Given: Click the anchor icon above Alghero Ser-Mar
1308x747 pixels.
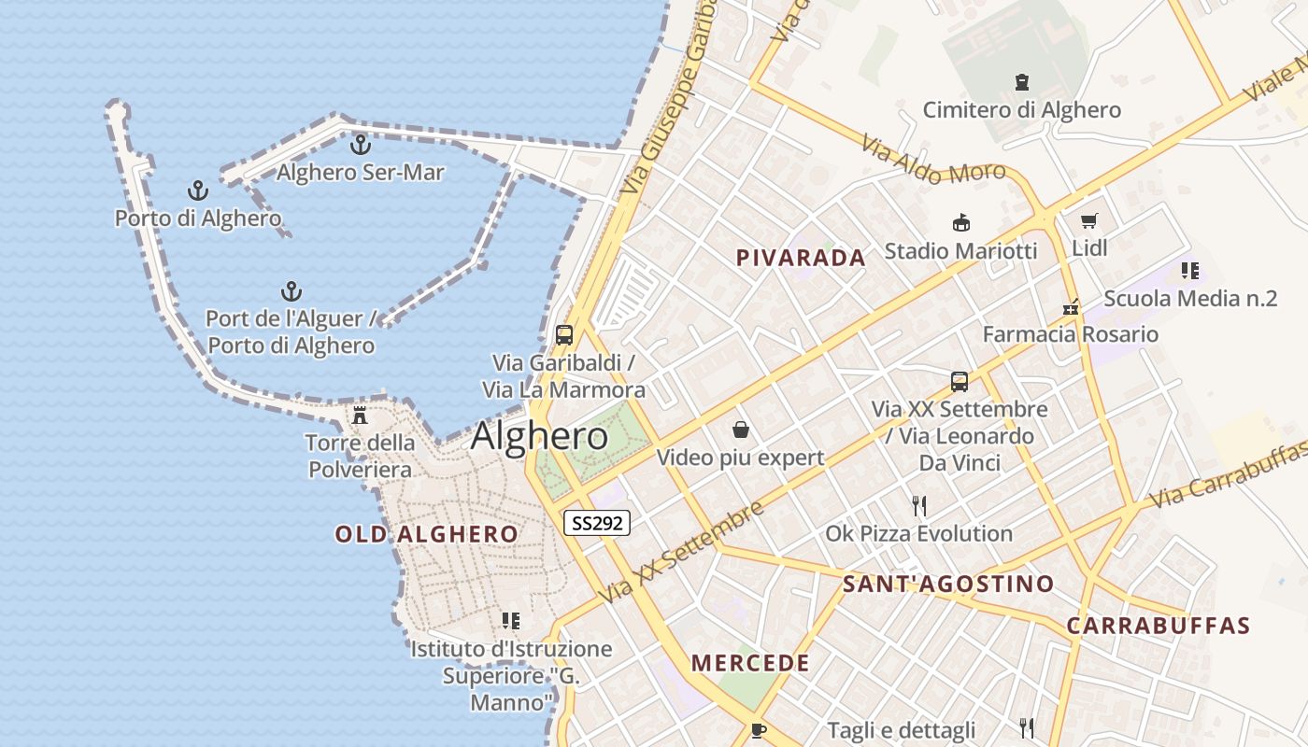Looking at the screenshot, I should tap(361, 145).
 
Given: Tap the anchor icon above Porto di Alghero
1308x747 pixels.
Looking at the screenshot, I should tap(198, 191).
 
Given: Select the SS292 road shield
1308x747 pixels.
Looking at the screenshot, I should tap(597, 523).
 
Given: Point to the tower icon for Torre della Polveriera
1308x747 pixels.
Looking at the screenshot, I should tap(360, 416).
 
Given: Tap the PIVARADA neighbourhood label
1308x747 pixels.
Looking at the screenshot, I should tap(801, 258).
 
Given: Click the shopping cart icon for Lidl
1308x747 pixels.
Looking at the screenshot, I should tap(1088, 221).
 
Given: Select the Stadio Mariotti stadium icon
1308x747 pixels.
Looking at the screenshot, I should tap(960, 223).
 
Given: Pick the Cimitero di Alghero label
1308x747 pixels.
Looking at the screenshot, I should tap(1021, 110).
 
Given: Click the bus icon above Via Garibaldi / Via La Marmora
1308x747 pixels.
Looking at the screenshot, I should tap(563, 334).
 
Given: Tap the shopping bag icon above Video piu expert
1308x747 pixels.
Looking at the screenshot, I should tap(741, 430).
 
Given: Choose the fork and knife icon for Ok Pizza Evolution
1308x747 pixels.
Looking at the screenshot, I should tap(919, 506).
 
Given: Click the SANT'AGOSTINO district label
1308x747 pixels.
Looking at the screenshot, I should tap(947, 585).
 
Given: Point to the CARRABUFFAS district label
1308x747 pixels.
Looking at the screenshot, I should tap(1158, 626).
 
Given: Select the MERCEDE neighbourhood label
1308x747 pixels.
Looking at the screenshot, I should tap(750, 663).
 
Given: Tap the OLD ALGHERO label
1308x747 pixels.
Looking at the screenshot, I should tap(426, 534).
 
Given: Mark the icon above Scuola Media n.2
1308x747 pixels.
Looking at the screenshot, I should tap(1189, 271).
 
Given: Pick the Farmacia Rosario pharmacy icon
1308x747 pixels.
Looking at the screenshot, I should tap(1071, 307).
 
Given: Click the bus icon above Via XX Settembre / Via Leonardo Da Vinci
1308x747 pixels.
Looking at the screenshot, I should tap(960, 381).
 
